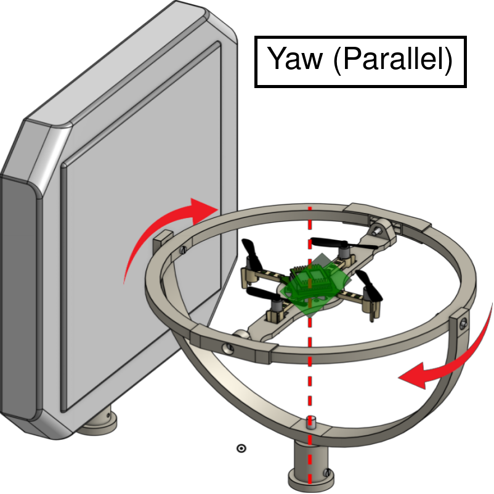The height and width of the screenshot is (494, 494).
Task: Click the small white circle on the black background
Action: tap(242, 448)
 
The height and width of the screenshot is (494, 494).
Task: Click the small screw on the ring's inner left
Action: tap(184, 251)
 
